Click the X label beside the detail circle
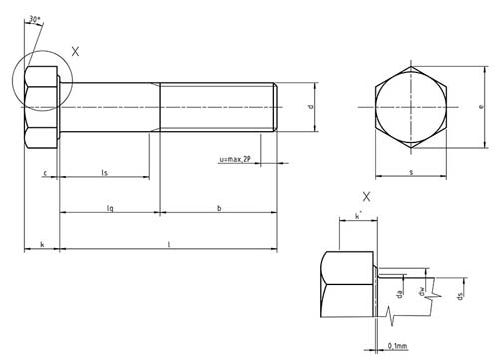coord(77,49)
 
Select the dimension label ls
coord(105,173)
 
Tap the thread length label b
coord(218,206)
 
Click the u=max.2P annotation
coord(236,159)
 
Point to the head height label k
coord(41,242)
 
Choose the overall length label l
coord(167,242)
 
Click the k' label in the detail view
coord(357,215)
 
